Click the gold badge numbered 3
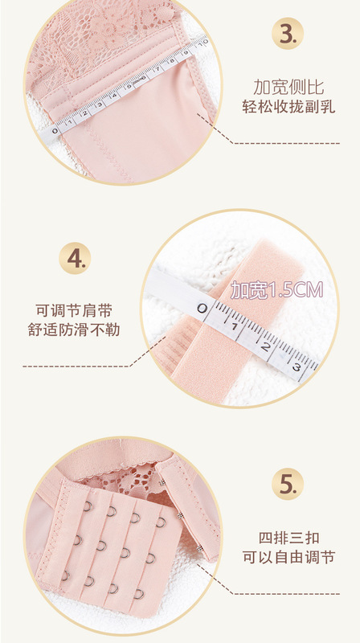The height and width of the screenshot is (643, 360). click(x=288, y=34)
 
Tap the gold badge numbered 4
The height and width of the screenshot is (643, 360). click(x=75, y=258)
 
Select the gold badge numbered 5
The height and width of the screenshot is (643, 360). click(x=288, y=484)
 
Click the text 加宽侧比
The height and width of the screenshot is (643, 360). click(x=288, y=88)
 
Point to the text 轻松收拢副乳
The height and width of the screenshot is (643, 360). click(x=288, y=107)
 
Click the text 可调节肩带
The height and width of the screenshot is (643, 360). click(x=74, y=310)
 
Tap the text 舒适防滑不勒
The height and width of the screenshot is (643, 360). click(x=74, y=330)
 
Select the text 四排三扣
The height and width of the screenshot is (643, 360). click(x=289, y=538)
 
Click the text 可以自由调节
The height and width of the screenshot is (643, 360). click(x=289, y=557)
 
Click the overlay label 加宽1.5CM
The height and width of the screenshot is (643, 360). click(x=276, y=290)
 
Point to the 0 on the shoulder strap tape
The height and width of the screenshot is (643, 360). click(x=202, y=308)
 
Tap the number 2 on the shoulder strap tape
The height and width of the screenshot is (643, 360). click(x=265, y=347)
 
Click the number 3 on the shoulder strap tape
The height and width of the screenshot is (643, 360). click(x=296, y=367)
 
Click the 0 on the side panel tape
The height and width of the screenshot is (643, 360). click(x=55, y=131)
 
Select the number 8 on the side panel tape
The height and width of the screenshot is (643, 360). click(x=172, y=62)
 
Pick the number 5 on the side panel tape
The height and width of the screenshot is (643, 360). click(x=129, y=86)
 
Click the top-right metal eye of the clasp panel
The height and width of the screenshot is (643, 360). click(x=161, y=522)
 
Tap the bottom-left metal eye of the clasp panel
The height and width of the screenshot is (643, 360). click(x=65, y=575)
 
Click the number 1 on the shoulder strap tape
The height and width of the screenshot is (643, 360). click(x=234, y=327)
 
